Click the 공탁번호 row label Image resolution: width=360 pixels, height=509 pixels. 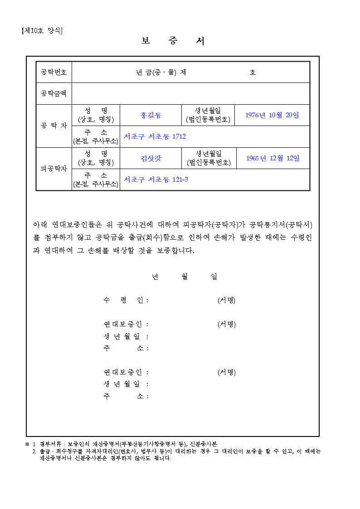pos(54,72)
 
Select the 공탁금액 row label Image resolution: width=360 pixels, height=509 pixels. pos(54,93)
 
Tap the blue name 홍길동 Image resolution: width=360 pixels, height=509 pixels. pos(151,115)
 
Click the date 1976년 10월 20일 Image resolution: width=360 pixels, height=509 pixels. pos(272,115)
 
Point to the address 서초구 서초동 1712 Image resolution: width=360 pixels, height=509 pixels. pos(155,136)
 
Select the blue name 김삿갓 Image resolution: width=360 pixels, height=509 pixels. pos(151,158)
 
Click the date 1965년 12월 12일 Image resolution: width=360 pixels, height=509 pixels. pos(273,158)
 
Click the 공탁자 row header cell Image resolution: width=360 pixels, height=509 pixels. pos(54,126)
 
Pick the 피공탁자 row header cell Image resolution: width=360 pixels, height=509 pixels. pos(54,169)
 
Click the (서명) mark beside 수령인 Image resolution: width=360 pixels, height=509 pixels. pos(226,300)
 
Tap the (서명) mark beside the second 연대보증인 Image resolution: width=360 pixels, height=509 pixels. pos(226,372)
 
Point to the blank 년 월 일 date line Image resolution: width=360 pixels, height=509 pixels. pos(184,276)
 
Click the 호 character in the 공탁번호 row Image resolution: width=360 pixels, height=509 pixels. pos(253,72)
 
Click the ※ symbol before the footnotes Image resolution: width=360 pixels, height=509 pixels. pos(27,444)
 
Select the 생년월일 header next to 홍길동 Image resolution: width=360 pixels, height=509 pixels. pos(208,115)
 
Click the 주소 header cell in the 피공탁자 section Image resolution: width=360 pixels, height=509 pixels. pos(96,179)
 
